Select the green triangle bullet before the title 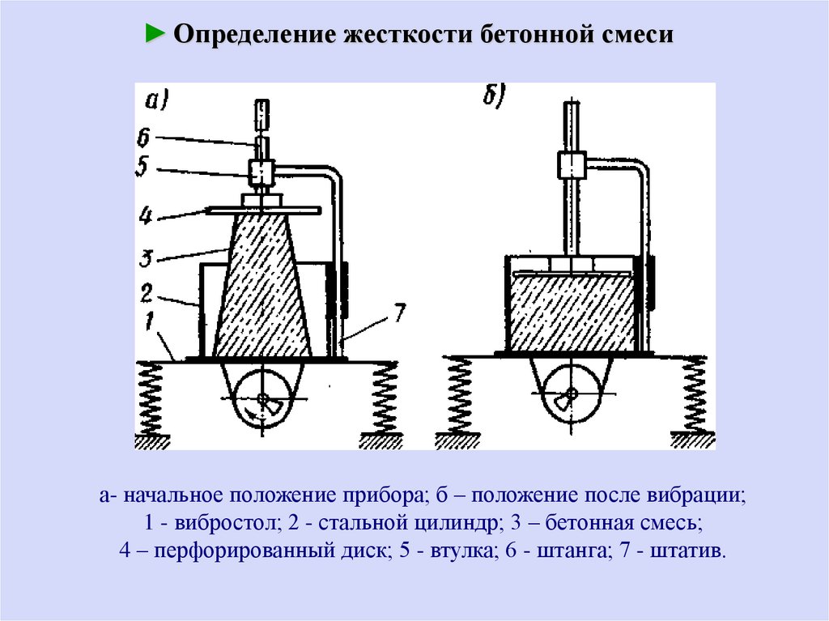pos(155,35)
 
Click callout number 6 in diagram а pos(143,138)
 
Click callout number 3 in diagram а pos(145,259)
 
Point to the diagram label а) pos(155,100)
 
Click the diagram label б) pos(494,96)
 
